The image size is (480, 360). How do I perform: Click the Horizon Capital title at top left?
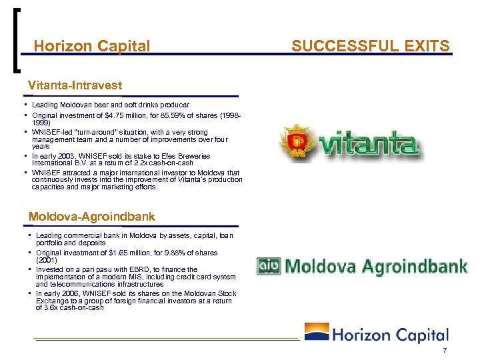(x=92, y=46)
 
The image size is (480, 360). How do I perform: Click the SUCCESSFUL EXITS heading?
(x=371, y=46)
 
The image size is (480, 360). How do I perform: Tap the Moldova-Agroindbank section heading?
(x=92, y=217)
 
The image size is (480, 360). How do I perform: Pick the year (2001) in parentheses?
(x=46, y=261)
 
